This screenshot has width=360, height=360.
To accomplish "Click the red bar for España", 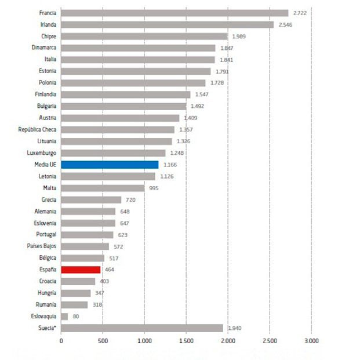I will click(x=81, y=270).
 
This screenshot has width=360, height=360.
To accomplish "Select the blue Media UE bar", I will click(x=110, y=165).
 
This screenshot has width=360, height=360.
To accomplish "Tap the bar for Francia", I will click(x=174, y=13).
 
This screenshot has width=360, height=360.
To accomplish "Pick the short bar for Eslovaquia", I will click(x=64, y=317).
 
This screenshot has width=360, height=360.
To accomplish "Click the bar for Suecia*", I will click(x=142, y=328).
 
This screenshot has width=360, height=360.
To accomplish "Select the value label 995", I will click(x=153, y=188).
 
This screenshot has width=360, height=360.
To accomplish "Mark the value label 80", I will click(x=76, y=317).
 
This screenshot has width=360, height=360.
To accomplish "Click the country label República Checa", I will click(x=37, y=129).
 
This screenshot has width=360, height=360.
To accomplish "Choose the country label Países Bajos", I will click(x=41, y=246).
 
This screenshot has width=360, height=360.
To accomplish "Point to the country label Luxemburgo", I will click(x=42, y=153).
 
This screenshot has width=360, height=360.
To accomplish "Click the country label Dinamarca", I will click(x=44, y=48).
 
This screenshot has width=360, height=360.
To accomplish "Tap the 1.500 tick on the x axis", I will click(x=186, y=341).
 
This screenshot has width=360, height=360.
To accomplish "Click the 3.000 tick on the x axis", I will click(x=311, y=341).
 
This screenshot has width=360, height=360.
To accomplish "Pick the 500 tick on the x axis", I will click(x=103, y=341).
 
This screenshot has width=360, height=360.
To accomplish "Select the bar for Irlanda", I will click(x=167, y=24).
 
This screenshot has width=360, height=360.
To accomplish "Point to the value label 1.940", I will click(x=234, y=328).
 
